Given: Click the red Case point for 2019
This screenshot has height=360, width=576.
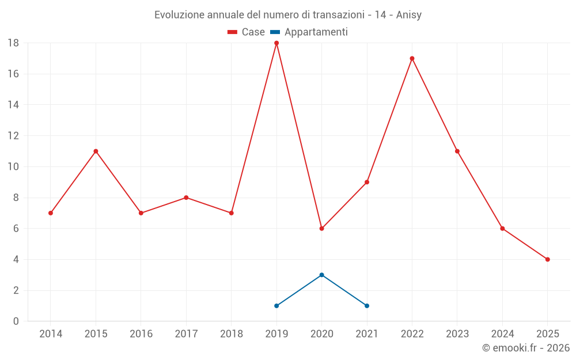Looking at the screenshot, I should [x=276, y=43].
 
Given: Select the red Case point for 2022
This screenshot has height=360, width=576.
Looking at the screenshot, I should [x=412, y=58].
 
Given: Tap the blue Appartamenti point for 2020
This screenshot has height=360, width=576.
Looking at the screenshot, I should [x=321, y=275].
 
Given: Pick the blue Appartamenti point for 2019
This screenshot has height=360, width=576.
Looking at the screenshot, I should [x=276, y=306].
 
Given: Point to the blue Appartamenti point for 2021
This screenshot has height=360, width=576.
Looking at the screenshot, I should [x=367, y=306].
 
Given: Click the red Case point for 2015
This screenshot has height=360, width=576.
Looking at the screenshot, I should [x=96, y=151].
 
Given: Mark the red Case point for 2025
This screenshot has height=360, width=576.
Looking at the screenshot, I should [x=547, y=259].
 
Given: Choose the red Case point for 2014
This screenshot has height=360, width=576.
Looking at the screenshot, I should [x=51, y=213].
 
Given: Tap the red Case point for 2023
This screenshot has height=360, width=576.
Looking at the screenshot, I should [x=457, y=151].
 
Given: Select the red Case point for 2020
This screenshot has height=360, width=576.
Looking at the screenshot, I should [x=321, y=229].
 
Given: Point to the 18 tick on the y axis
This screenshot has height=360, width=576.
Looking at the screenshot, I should [x=13, y=43].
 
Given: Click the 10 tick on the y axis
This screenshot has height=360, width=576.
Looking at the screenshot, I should [x=13, y=167].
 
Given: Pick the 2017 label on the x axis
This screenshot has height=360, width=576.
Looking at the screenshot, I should [x=186, y=334].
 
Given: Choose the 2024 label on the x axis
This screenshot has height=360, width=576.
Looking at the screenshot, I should [x=502, y=334].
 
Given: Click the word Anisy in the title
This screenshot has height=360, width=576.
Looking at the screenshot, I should [x=409, y=15].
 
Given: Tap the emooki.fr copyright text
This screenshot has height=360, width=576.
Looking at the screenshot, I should [x=526, y=348].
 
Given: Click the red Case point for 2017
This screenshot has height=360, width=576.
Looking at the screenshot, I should [x=186, y=198].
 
